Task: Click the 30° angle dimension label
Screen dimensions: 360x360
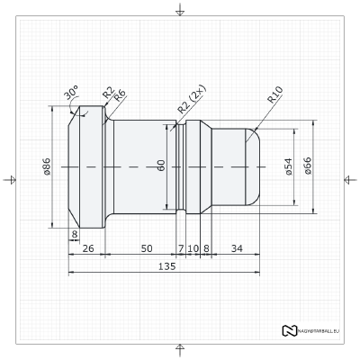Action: coord(71,93)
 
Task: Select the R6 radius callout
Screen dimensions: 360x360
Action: coord(119,94)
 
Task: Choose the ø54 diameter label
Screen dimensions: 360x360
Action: coord(288,167)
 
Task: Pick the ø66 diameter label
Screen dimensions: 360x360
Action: coord(308,167)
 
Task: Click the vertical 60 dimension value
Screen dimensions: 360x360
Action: coord(161,166)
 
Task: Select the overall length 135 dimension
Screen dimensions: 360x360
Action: coord(166,267)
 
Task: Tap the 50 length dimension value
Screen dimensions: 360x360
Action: coord(146,247)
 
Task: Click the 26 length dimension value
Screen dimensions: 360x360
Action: coord(88,247)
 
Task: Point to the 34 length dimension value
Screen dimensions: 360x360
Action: coord(237,247)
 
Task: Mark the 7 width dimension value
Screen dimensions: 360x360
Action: coord(181,247)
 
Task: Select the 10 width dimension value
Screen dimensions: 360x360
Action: coord(193,247)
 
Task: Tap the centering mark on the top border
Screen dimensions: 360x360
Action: coord(180,10)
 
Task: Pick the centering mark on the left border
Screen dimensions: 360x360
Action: coord(11,179)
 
